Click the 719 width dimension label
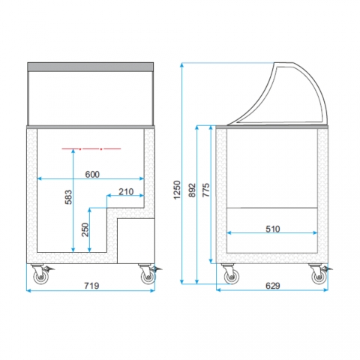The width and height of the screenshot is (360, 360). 91,286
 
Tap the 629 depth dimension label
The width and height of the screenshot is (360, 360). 272,286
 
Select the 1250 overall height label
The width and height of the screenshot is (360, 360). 177,190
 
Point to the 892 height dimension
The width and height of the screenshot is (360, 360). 192,190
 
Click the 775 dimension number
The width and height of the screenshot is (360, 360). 205,190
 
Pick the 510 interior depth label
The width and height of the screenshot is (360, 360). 272,229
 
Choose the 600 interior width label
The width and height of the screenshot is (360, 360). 92,174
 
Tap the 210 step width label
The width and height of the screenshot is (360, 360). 126,192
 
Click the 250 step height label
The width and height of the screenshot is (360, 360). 85,229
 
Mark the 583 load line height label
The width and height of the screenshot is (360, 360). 68,197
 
